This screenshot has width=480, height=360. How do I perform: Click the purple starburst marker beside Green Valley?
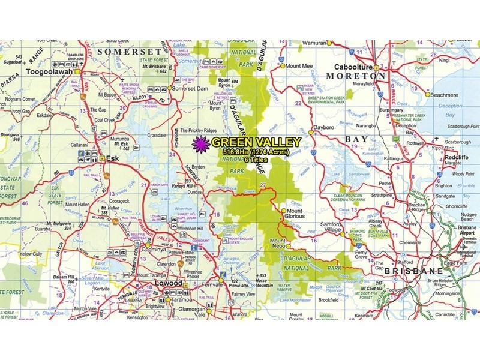[201, 143]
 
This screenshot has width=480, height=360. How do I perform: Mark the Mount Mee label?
[301, 65]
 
